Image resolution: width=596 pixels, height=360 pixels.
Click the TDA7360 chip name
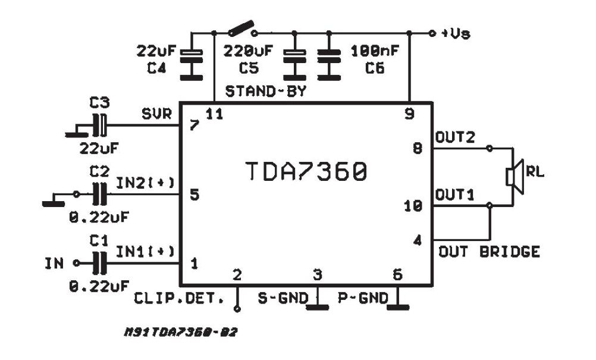[306, 172]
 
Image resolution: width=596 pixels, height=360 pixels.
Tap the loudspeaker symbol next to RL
[513, 176]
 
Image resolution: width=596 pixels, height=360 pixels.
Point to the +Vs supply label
[455, 33]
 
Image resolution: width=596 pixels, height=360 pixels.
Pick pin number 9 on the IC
[409, 114]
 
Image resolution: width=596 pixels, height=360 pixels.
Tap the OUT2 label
[455, 137]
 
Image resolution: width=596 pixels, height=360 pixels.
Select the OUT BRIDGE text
[489, 251]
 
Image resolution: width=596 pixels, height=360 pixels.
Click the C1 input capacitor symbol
[100, 262]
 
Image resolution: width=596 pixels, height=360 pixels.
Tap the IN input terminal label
[54, 262]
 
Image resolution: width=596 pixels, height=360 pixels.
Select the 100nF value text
[375, 50]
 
